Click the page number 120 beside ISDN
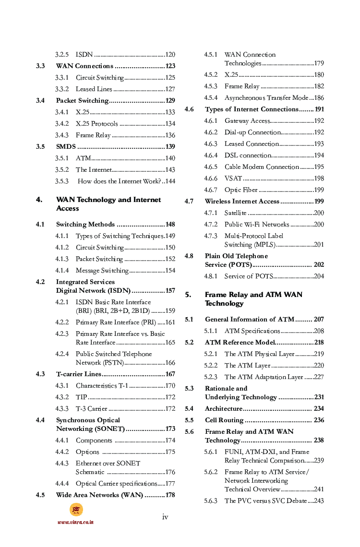click(x=170, y=55)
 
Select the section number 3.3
click(x=40, y=66)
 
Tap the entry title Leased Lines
click(x=94, y=89)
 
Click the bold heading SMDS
click(x=66, y=147)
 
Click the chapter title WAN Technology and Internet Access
click(x=108, y=204)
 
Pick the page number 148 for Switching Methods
click(x=170, y=225)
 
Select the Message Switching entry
click(x=102, y=271)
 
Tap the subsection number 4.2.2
click(x=61, y=322)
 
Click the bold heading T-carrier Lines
click(x=79, y=374)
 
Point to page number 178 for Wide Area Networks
click(x=170, y=495)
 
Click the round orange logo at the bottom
click(x=76, y=510)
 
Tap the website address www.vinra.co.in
click(x=75, y=522)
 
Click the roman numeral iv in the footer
click(x=165, y=517)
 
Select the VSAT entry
click(x=233, y=178)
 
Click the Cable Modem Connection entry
click(x=262, y=167)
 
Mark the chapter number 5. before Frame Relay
click(x=188, y=295)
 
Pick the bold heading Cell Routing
click(x=224, y=420)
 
